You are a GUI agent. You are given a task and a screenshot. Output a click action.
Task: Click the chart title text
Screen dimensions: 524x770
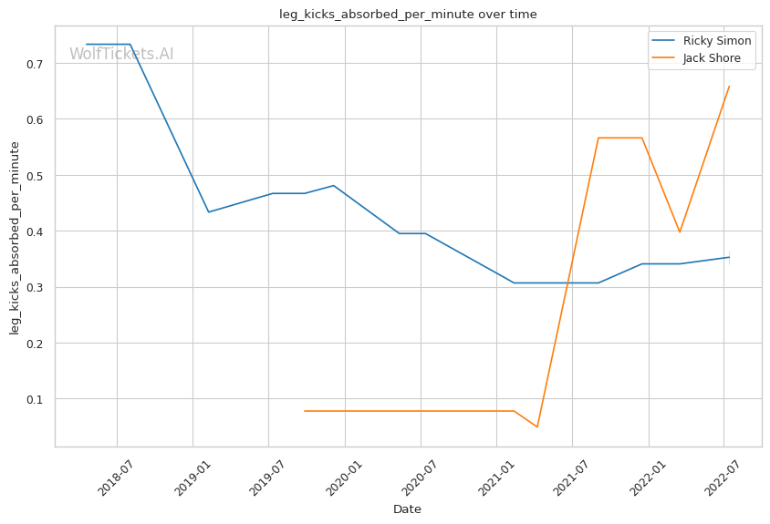(408, 15)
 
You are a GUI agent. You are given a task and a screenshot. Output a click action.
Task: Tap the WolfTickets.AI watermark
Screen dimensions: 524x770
(121, 54)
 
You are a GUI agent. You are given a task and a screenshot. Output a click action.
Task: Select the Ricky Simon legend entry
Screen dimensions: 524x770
(717, 41)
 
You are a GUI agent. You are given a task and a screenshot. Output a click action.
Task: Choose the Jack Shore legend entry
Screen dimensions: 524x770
(718, 59)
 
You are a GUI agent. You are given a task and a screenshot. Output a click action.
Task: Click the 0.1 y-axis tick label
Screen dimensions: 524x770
(37, 399)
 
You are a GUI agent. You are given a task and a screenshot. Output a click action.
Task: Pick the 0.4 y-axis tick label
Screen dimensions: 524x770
(37, 231)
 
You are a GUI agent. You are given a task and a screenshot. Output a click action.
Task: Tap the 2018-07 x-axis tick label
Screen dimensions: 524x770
(113, 477)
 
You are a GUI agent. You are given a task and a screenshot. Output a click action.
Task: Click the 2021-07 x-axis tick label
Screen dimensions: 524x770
(568, 477)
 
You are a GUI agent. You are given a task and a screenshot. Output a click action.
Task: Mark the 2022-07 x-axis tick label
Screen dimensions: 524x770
(720, 477)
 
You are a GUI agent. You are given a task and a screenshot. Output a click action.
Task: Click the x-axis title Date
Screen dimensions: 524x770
(407, 509)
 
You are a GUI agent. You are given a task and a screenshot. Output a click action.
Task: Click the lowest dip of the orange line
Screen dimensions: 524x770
(537, 426)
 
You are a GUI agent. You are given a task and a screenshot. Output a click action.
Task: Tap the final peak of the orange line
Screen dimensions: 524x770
(729, 86)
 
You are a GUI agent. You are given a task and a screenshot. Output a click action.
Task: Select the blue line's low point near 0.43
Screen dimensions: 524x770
(208, 212)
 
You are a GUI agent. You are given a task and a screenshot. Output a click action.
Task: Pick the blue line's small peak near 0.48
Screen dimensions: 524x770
(334, 186)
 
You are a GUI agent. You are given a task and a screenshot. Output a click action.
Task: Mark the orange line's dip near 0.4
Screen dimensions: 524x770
(680, 232)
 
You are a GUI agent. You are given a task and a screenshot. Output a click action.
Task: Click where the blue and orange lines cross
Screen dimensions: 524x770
(569, 283)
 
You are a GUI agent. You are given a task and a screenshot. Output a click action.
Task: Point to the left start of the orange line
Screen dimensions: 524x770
(304, 411)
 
